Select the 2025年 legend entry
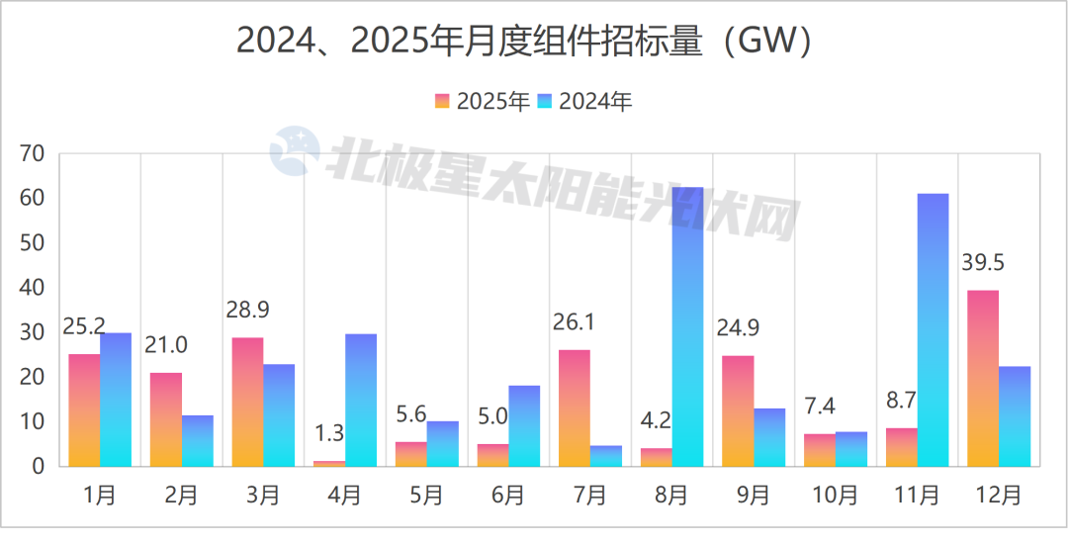(483, 102)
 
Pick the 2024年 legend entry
(584, 102)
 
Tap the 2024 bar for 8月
(687, 326)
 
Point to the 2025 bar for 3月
(247, 402)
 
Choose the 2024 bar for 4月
(360, 400)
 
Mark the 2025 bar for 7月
(574, 408)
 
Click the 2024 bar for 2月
(198, 440)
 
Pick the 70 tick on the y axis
(33, 154)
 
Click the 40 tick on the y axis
(33, 288)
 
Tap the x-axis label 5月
(426, 495)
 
